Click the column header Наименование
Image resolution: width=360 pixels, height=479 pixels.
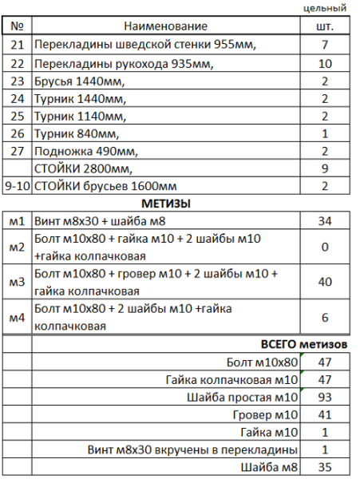[x=166, y=27]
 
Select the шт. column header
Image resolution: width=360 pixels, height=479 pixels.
[x=325, y=27]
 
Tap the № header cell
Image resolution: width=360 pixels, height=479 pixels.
[x=18, y=27]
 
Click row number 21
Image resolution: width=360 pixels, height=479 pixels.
[x=18, y=45]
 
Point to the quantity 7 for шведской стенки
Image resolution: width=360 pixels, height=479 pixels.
[x=325, y=45]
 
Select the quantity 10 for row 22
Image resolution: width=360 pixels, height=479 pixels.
[x=325, y=63]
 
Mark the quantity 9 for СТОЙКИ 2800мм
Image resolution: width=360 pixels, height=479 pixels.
[x=325, y=168]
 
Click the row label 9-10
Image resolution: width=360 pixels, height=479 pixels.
[x=18, y=186]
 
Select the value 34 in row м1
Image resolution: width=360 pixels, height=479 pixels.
[x=325, y=221]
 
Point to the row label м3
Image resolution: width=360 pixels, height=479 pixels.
[x=18, y=282]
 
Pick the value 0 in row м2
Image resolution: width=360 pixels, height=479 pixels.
[x=325, y=247]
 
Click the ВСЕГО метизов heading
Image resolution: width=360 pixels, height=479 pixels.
[x=304, y=344]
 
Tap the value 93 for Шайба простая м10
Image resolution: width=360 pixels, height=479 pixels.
[x=325, y=397]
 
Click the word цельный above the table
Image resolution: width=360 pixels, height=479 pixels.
[x=326, y=9]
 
